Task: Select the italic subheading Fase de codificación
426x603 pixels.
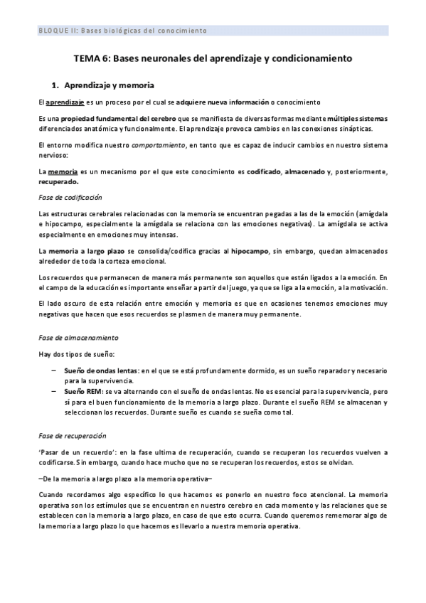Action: coord(70,196)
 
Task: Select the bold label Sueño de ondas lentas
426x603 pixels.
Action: coord(101,371)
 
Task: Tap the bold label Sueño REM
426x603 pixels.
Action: coord(83,392)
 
